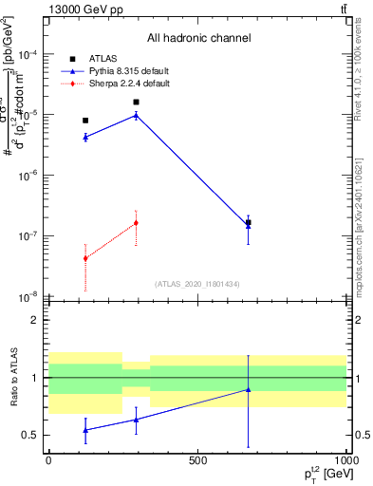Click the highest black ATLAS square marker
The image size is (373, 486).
(136, 102)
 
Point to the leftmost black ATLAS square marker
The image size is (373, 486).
(85, 121)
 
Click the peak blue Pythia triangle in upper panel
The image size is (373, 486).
(136, 115)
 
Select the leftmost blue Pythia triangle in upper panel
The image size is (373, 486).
(85, 138)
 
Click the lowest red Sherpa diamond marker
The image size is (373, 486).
(85, 258)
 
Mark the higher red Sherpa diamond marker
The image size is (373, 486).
(136, 223)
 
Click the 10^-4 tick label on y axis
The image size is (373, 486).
(29, 54)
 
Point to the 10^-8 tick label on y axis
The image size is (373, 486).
(29, 296)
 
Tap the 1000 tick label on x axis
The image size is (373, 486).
(345, 460)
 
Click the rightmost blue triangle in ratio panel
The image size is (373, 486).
(248, 389)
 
